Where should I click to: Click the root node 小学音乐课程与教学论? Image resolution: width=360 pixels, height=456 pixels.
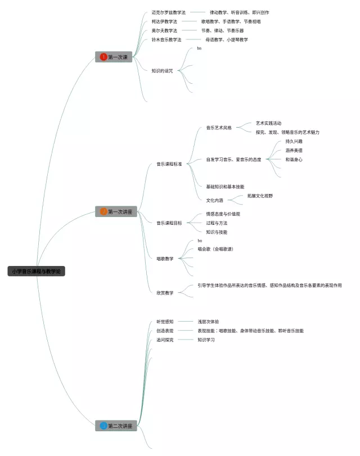[x=37, y=271]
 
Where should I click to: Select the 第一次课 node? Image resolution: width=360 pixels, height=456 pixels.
[x=114, y=57]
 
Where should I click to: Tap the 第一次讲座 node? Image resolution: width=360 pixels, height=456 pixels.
[x=116, y=211]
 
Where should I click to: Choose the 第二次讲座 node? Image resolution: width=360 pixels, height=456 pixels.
[x=116, y=426]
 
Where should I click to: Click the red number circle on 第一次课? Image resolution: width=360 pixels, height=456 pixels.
[x=103, y=57]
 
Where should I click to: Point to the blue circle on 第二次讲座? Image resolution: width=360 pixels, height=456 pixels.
[x=103, y=426]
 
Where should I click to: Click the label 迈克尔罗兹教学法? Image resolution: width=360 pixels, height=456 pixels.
[x=168, y=12]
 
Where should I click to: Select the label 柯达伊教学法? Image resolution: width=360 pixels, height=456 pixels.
[x=164, y=21]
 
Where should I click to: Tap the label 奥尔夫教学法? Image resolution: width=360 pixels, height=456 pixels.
[x=164, y=30]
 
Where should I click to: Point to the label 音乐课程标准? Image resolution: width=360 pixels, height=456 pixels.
[x=169, y=164]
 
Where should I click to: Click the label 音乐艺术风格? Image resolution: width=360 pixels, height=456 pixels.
[x=219, y=128]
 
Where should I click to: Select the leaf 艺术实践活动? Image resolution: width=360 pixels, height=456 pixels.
[x=268, y=123]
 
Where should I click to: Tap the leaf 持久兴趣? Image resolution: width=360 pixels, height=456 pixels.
[x=294, y=141]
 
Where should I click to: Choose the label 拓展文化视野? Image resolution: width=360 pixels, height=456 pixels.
[x=260, y=196]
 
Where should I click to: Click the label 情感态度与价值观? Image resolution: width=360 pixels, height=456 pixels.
[x=223, y=214]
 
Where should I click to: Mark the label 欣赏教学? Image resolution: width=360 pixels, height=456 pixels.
[x=165, y=292]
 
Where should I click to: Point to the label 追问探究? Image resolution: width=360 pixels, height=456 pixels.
[x=165, y=340]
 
